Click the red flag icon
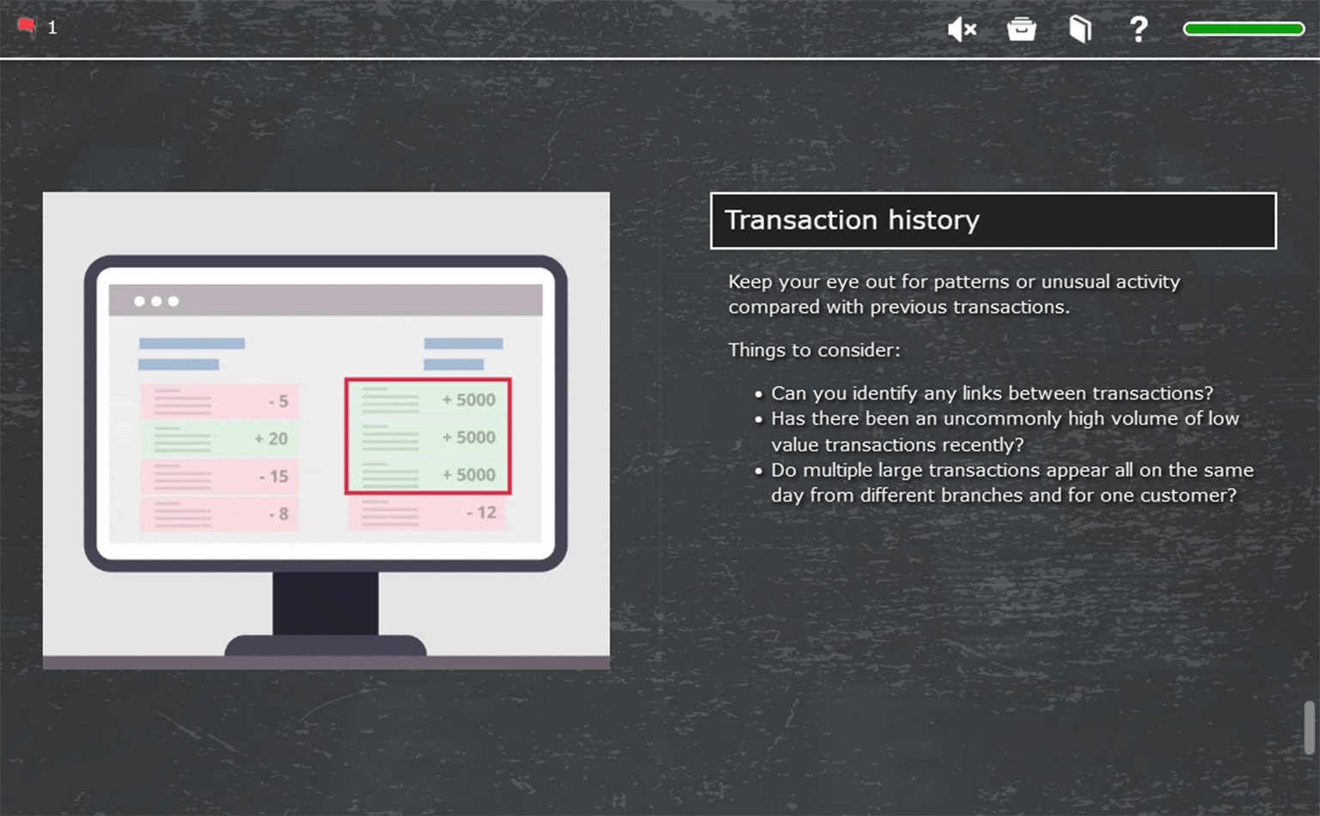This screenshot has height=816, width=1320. click(27, 27)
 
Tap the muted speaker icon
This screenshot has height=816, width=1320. click(962, 29)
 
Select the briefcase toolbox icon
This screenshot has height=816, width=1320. click(1021, 29)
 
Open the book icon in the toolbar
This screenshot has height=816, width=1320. click(1080, 29)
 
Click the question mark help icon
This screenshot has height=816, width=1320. click(1139, 29)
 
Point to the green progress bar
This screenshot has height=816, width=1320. click(1244, 29)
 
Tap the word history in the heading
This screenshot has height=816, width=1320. click(933, 221)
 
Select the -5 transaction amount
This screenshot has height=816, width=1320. click(278, 401)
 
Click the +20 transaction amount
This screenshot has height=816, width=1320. click(271, 438)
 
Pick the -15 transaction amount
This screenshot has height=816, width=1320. click(274, 476)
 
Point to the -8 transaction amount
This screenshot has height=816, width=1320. click(278, 514)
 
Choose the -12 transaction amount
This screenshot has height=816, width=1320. click(481, 513)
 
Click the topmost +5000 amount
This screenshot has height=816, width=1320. click(469, 400)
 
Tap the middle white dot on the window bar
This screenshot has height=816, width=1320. click(156, 301)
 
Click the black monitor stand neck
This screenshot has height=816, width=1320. click(326, 603)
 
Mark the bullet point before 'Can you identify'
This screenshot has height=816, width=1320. click(759, 394)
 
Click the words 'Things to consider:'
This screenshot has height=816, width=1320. click(815, 350)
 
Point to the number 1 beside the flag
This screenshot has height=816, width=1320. click(52, 27)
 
